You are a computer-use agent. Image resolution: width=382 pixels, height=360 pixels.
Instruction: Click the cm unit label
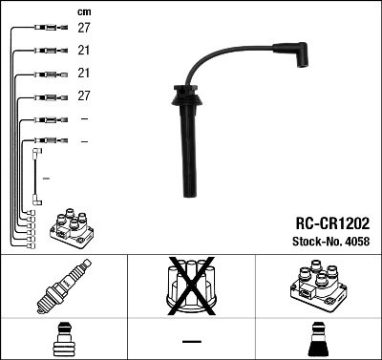(83, 11)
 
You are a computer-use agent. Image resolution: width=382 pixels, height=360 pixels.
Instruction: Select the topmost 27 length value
(84, 29)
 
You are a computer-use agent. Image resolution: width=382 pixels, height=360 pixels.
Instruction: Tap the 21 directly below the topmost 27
(84, 51)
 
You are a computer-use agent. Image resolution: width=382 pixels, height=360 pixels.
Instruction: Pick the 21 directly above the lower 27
(84, 74)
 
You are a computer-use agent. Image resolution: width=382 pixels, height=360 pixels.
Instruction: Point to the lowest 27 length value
(84, 96)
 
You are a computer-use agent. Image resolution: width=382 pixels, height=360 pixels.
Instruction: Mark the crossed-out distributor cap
(191, 287)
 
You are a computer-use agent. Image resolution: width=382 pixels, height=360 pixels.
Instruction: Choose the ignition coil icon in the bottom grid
(317, 287)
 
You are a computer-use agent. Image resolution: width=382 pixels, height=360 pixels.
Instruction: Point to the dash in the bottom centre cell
(191, 341)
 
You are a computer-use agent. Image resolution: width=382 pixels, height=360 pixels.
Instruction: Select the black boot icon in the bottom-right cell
(317, 341)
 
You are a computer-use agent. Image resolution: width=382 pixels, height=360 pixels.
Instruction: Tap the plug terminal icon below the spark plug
(63, 341)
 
